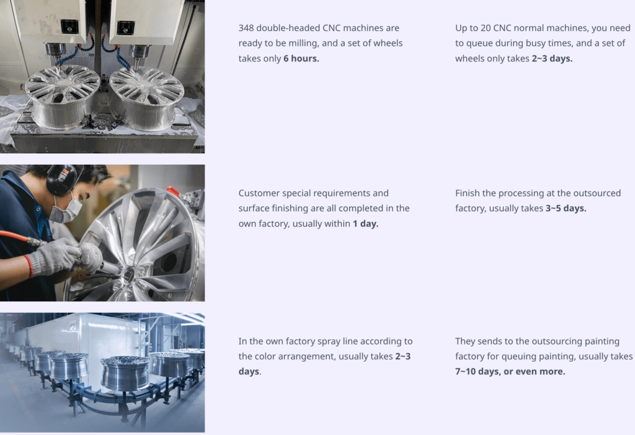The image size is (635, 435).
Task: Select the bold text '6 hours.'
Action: (301, 58)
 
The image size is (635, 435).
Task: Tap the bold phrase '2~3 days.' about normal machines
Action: (552, 58)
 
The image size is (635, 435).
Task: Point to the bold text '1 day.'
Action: (365, 223)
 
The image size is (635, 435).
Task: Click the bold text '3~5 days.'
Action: (566, 208)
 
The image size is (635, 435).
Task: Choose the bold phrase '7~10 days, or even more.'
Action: (510, 371)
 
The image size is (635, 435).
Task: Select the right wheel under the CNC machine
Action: (146, 99)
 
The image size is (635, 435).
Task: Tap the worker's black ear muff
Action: (61, 180)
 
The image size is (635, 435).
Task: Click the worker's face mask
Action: (67, 209)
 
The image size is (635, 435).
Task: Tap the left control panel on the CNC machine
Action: (69, 27)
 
